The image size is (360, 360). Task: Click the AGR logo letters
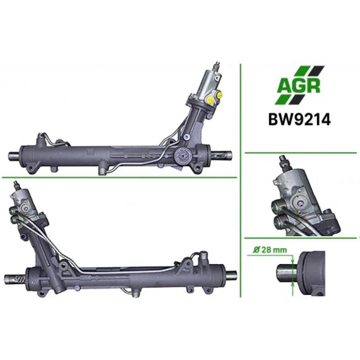299,86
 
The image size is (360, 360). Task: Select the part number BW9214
299,119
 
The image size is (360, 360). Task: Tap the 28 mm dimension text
274,249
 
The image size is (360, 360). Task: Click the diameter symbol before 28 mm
256,249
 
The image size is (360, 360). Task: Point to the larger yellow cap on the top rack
210,100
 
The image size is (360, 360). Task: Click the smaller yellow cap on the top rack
220,94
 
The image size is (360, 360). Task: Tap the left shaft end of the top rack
14,157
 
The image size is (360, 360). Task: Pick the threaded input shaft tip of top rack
216,66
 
